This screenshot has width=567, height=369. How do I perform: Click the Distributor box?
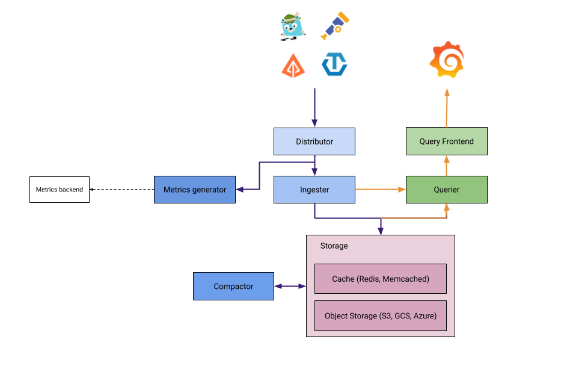[x=314, y=141]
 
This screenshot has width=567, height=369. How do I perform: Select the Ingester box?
[x=314, y=190]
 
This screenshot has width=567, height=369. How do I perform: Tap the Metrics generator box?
[x=194, y=190]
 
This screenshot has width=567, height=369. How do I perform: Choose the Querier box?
[x=446, y=190]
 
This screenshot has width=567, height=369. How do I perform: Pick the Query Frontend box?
[x=446, y=141]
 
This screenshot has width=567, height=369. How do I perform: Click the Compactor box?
[x=233, y=286]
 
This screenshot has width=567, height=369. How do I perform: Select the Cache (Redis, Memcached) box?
[x=381, y=279]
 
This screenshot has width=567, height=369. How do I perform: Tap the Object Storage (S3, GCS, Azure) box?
[x=381, y=315]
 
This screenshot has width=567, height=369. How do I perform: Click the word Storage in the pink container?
[x=334, y=246]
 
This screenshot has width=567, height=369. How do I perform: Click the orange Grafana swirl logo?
[x=447, y=60]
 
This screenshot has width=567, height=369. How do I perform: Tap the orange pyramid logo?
[x=293, y=64]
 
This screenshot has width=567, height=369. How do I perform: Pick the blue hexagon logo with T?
[x=334, y=64]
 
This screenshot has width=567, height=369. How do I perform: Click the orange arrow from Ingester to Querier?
[x=380, y=190]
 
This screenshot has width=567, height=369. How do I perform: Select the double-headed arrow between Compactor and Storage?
[x=290, y=286]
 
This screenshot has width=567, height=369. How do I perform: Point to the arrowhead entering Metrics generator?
[x=240, y=190]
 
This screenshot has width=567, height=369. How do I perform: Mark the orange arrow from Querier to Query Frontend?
[x=447, y=166]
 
